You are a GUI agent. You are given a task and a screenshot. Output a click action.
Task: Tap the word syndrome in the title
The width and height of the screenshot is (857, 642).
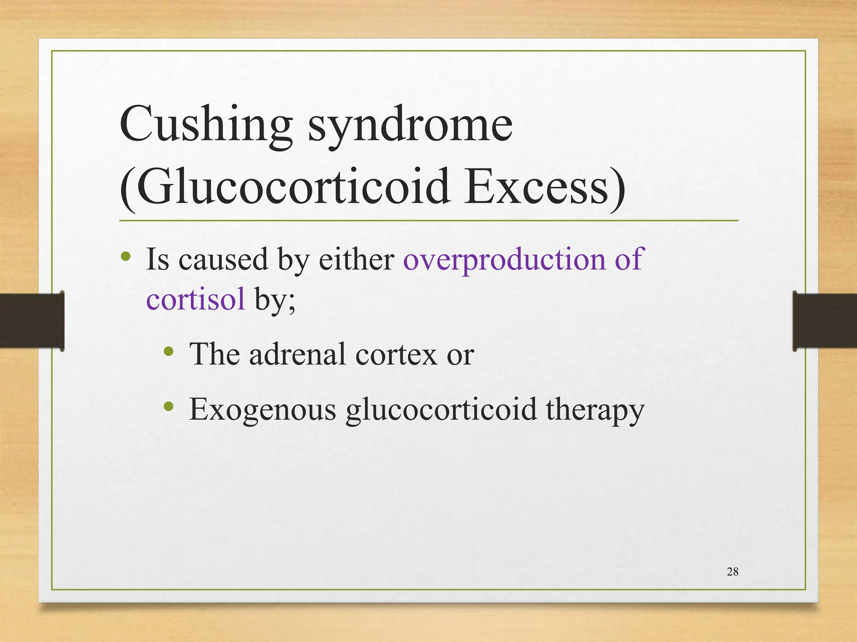click(410, 125)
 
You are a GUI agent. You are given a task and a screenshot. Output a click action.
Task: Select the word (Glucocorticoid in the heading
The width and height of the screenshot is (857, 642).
click(285, 186)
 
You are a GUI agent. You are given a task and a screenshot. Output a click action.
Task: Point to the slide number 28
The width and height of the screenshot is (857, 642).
click(732, 572)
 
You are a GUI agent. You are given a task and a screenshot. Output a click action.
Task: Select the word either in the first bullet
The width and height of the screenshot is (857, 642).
click(357, 259)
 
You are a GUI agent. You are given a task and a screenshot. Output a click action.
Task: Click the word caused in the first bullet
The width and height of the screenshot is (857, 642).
click(223, 259)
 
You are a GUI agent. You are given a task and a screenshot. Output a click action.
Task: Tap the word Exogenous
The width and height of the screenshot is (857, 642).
click(262, 409)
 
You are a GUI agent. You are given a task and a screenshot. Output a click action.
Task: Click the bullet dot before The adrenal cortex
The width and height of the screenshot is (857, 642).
click(169, 351)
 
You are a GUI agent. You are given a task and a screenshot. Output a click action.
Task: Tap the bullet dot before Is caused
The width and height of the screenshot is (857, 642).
click(126, 256)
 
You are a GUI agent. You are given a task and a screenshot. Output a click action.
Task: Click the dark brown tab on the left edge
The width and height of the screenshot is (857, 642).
click(32, 321)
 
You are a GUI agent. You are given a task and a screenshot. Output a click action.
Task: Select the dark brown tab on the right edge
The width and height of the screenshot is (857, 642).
click(824, 321)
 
